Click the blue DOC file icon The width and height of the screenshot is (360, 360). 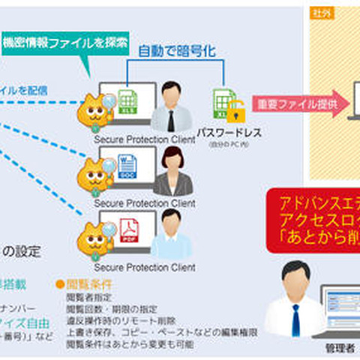pos(127,164)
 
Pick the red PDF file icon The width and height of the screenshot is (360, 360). pos(127,227)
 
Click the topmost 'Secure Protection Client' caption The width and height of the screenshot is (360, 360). pos(144,138)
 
